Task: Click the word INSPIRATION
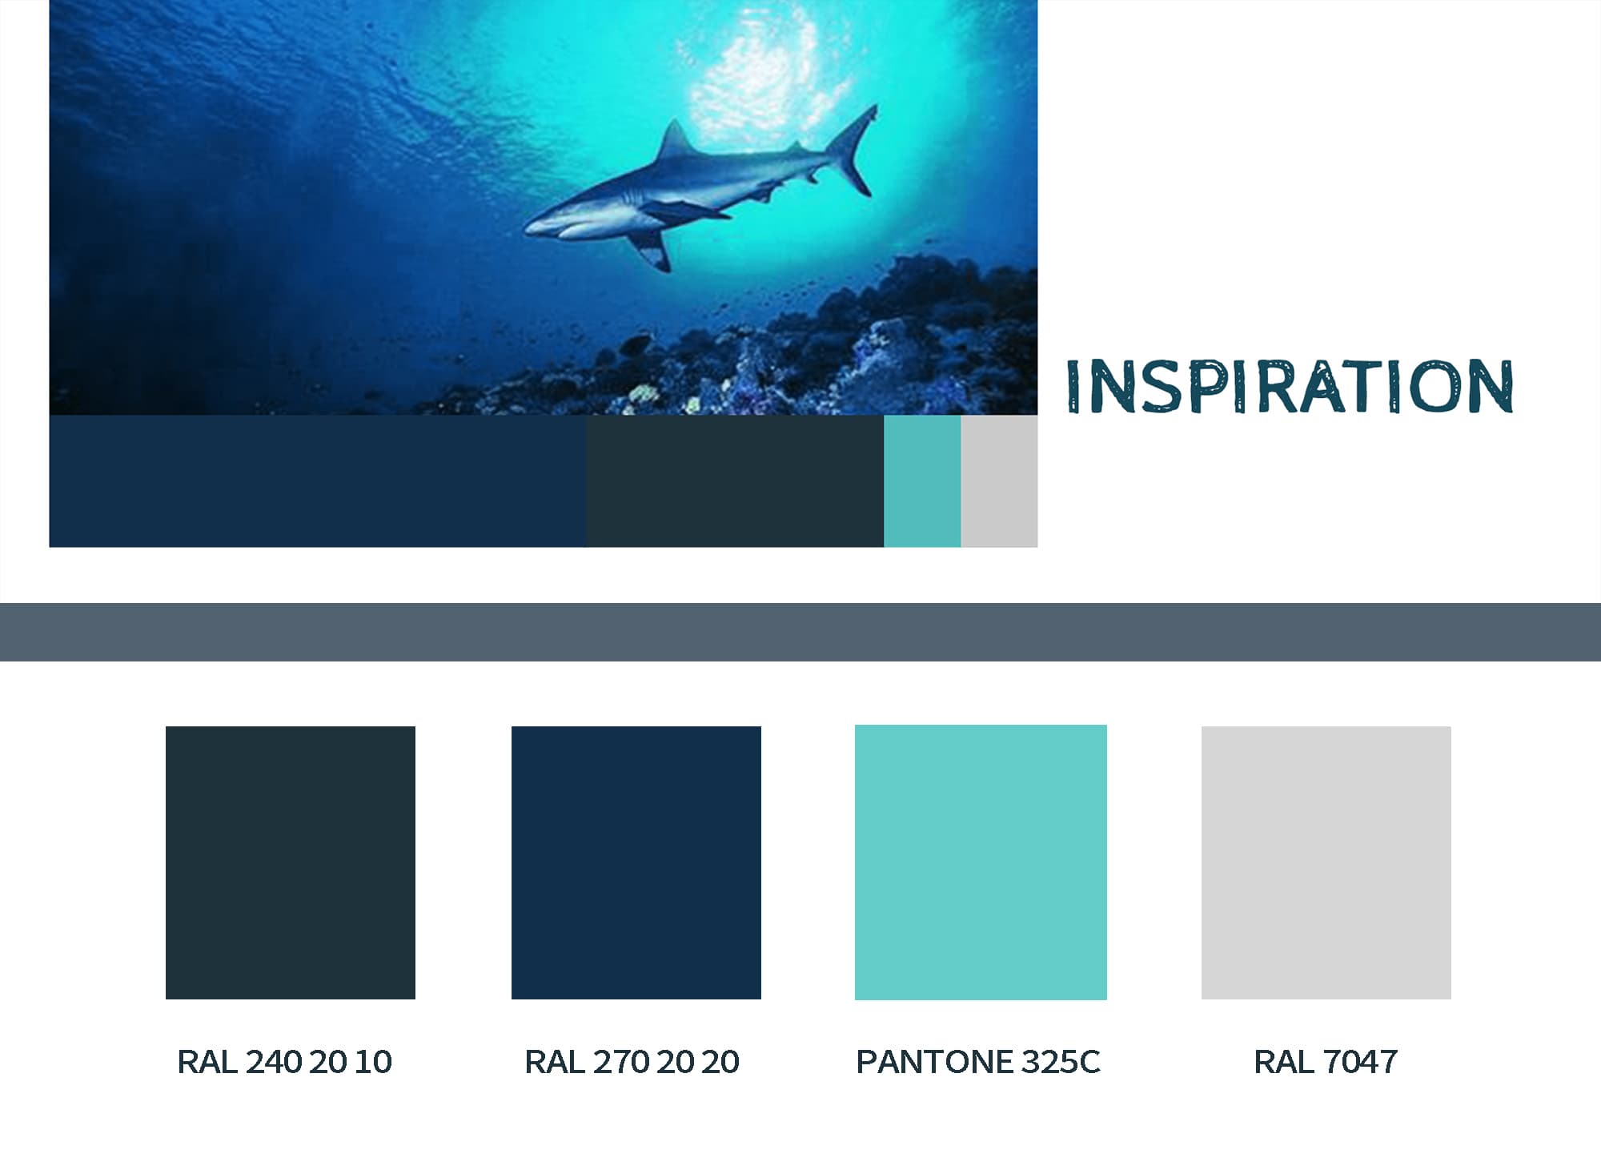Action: point(1289,387)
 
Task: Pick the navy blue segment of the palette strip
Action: point(317,480)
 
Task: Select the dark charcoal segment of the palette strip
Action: point(734,480)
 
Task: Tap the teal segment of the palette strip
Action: point(921,480)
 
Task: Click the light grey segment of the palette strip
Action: point(998,480)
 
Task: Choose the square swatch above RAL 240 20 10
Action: point(290,862)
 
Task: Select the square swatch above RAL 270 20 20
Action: point(636,862)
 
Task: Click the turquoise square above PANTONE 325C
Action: point(981,862)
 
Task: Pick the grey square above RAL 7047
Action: point(1326,862)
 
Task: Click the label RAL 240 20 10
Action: point(284,1062)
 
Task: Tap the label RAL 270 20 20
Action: point(632,1062)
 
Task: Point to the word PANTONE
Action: point(925,1062)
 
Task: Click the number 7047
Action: point(1360,1062)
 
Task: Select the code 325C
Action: point(1061,1062)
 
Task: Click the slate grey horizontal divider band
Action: point(800,632)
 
